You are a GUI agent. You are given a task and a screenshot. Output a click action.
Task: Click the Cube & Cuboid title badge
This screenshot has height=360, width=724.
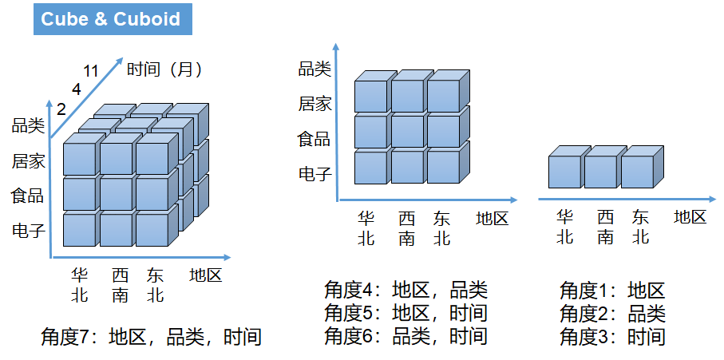111,19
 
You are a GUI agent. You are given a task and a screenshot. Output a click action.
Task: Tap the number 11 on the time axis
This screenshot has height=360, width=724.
90,71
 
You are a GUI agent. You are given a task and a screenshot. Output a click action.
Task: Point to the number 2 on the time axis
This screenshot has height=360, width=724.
61,109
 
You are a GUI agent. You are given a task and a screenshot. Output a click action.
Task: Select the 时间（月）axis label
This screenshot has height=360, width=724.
165,69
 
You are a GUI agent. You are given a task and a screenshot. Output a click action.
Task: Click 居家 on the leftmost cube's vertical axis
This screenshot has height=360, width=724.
28,162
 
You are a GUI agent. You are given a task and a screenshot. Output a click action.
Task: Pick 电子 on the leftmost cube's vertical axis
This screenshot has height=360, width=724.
28,231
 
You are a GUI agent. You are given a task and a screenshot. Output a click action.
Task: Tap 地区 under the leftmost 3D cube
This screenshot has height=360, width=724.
205,276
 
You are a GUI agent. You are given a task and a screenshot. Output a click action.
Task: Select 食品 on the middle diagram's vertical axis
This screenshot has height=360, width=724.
314,139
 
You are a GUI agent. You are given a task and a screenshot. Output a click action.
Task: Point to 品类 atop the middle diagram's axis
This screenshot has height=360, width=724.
314,69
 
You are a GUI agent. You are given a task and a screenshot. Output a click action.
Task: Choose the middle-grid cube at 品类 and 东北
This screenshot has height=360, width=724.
443,95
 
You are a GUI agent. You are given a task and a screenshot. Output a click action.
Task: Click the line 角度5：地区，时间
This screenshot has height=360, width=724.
406,313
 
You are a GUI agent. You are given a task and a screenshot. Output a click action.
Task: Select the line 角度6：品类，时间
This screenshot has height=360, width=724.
406,336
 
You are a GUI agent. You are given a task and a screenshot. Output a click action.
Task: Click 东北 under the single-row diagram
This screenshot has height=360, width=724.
640,226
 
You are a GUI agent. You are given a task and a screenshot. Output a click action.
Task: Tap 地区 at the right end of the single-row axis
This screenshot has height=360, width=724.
690,216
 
